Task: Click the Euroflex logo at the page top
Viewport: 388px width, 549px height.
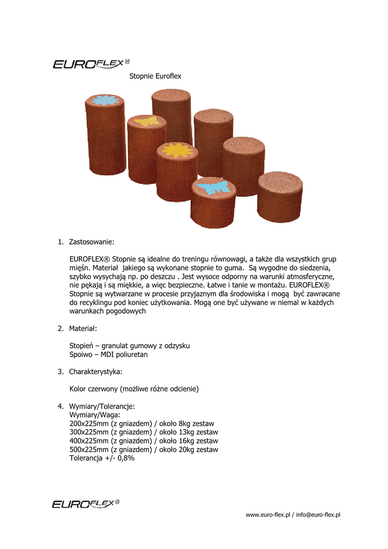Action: pos(91,64)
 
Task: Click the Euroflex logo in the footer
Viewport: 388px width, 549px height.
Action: pos(85,503)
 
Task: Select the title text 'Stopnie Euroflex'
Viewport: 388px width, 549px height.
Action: pos(155,76)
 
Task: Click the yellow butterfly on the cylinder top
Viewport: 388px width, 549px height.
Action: pos(146,122)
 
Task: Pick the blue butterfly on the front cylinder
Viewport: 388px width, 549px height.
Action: pos(213,187)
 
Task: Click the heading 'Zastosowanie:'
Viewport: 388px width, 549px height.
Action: pos(92,242)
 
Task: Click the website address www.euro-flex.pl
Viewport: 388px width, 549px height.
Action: pos(267,515)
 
